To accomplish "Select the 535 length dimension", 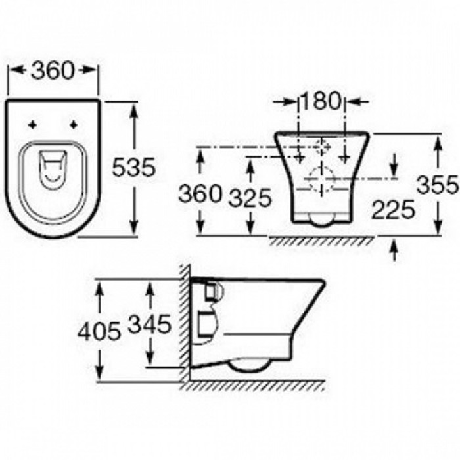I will tap(133, 168).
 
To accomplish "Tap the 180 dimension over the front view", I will tap(321, 101).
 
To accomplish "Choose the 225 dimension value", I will tap(392, 210).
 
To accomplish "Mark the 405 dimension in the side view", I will tap(99, 331).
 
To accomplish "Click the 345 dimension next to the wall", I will tap(150, 323).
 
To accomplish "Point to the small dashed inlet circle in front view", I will tap(322, 146).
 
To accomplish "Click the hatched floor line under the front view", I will tap(322, 241).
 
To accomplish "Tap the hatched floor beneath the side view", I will tap(256, 386).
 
